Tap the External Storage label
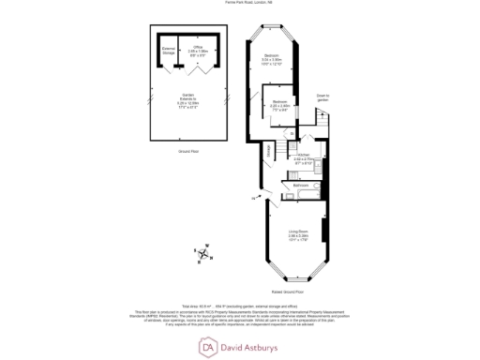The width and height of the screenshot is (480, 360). coord(169,51)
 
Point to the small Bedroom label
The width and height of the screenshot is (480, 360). coord(278,101)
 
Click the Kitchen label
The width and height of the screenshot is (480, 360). coord(303,157)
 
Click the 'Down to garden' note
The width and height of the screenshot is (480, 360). coord(322,97)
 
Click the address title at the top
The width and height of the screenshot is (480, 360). coord(241,4)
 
